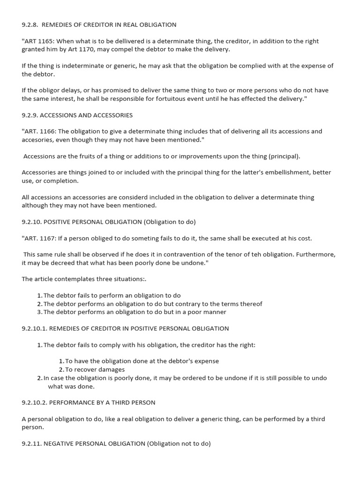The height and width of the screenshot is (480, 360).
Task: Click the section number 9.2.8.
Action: point(31,25)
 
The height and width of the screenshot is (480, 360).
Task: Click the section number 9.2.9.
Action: point(31,115)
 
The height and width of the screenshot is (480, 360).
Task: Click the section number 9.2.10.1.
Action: point(34,329)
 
